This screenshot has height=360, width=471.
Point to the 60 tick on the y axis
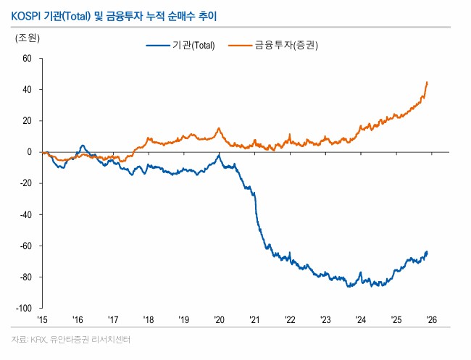(x=28, y=59)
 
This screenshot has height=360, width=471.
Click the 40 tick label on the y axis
(x=28, y=90)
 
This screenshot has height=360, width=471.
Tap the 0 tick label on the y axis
(x=30, y=152)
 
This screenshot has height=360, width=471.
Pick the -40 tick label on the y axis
(x=27, y=214)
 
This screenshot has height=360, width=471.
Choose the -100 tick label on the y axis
(x=25, y=309)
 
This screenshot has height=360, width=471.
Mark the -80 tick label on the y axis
(x=27, y=277)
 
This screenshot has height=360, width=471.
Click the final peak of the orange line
(x=428, y=82)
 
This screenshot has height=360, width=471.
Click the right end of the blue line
(x=428, y=252)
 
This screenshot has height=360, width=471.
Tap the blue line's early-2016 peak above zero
(x=82, y=146)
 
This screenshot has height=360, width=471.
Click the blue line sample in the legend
(x=157, y=46)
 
